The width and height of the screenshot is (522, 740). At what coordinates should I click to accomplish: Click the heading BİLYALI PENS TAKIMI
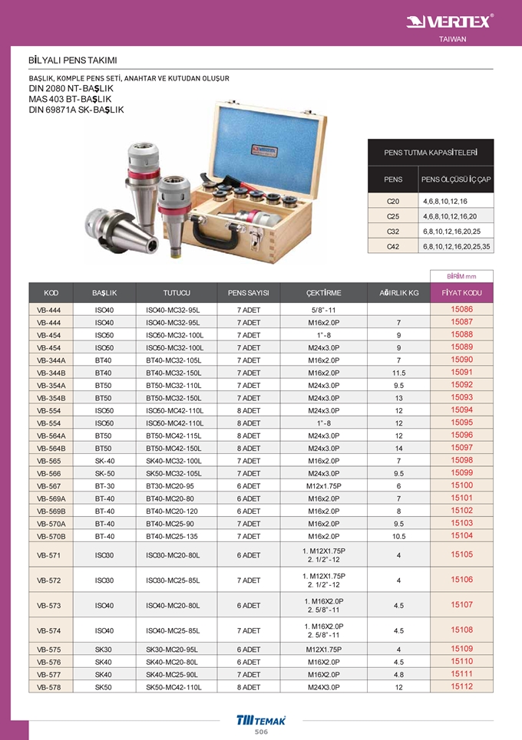(x=72, y=60)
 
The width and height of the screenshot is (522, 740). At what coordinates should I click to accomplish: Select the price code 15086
(x=461, y=309)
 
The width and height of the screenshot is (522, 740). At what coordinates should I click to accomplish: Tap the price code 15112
(x=461, y=686)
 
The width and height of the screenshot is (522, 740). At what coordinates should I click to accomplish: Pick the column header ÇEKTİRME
(x=323, y=293)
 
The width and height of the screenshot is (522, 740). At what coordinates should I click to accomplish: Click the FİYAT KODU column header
(x=461, y=293)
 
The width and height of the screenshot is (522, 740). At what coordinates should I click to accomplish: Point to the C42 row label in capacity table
(x=393, y=246)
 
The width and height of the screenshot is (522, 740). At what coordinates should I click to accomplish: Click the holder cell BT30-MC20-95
(x=170, y=485)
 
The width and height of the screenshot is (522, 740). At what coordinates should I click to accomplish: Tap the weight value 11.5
(x=398, y=372)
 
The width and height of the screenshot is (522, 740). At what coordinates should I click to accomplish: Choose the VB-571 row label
(x=49, y=554)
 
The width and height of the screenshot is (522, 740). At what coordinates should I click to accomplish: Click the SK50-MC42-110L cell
(x=173, y=687)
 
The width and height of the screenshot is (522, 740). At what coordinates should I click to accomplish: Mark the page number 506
(x=261, y=732)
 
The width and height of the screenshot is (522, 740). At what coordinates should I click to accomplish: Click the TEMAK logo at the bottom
(x=262, y=719)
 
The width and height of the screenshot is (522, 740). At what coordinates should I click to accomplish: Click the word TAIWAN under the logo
(x=452, y=39)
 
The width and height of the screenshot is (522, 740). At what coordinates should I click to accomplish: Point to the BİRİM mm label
(x=461, y=276)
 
